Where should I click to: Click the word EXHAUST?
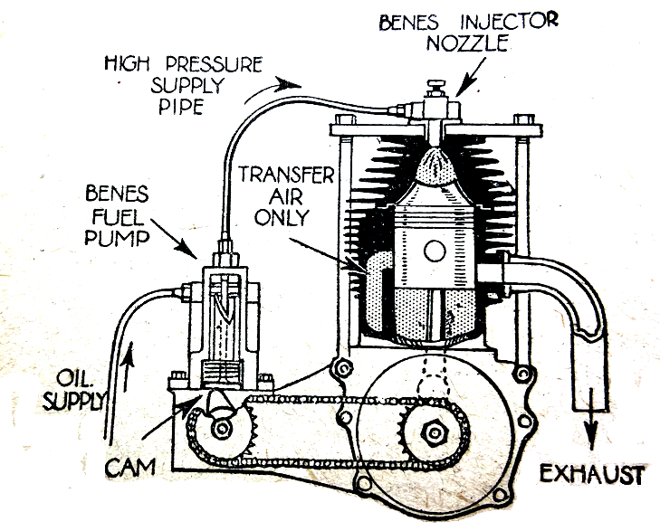[x=592, y=474]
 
